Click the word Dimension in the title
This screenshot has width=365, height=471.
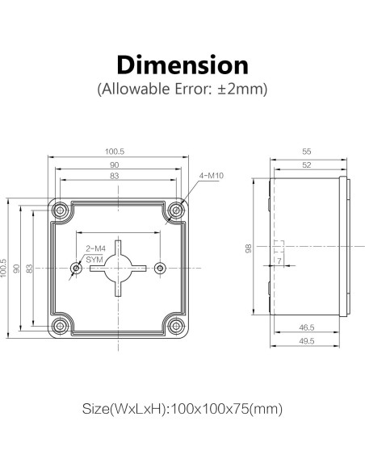[182, 65]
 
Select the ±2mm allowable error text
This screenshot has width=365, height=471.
[243, 89]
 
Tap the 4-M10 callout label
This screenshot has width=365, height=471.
[210, 176]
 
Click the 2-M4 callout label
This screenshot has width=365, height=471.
[95, 248]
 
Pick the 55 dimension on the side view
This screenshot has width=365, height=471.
[306, 152]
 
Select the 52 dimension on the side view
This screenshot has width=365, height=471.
[306, 165]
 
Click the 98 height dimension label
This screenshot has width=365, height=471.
[250, 248]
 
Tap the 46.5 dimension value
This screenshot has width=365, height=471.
[306, 328]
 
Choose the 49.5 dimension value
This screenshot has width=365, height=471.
[306, 342]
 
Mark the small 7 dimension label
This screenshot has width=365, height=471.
[279, 261]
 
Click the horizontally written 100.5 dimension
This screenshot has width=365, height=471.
[115, 152]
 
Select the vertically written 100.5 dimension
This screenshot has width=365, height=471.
[6, 267]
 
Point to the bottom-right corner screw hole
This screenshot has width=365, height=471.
[175, 325]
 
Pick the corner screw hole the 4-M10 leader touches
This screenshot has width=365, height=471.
[175, 210]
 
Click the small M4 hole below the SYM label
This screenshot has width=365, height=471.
[77, 267]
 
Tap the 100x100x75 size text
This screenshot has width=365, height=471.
[182, 409]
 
